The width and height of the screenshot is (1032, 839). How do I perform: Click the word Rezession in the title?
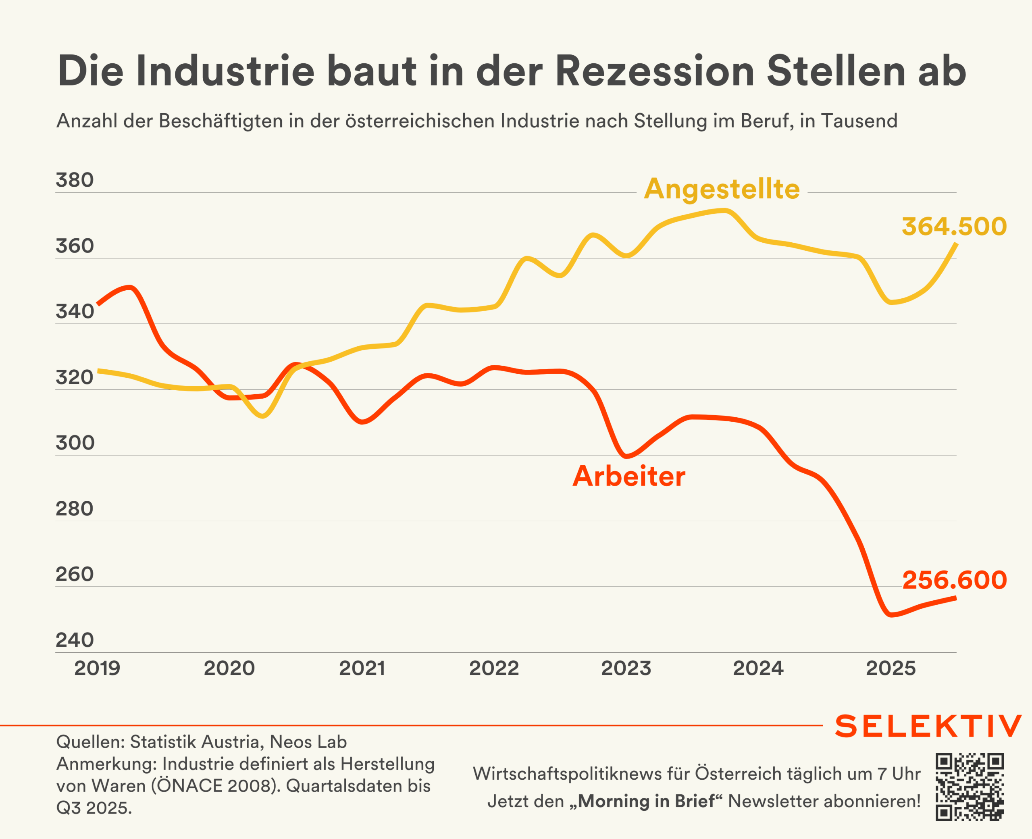coord(655,71)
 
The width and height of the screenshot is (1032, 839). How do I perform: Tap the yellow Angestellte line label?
coord(722,189)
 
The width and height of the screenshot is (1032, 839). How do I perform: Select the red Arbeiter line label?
coord(628,476)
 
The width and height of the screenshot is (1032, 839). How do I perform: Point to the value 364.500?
coord(954,227)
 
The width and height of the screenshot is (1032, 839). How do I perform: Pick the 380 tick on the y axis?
coord(75,180)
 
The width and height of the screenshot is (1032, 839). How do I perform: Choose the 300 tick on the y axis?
coord(75,443)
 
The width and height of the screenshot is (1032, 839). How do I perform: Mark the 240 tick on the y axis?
coord(75,640)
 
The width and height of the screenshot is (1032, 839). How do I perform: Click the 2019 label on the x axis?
coord(97,668)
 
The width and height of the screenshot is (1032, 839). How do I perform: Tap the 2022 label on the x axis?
coord(494,668)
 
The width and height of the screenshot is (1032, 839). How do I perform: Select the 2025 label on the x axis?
coord(891,668)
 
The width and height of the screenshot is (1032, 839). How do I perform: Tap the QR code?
coord(970,787)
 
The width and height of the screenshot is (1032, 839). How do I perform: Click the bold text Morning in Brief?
coord(646,801)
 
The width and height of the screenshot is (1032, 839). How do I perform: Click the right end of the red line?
coord(955,598)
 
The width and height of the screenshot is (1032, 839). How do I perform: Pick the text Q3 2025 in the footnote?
coord(94,808)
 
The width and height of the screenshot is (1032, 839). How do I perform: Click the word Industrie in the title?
coord(225,71)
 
